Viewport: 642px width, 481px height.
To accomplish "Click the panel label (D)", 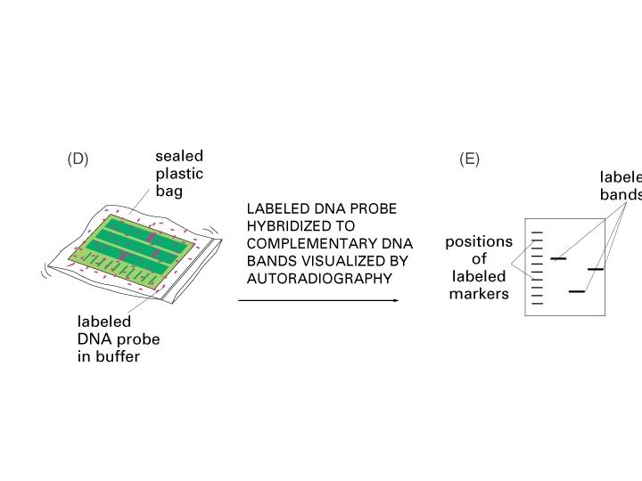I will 78,159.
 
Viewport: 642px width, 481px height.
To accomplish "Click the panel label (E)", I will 469,159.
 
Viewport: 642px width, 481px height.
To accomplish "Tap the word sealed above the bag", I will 178,157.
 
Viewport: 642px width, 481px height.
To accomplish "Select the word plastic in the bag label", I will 179,174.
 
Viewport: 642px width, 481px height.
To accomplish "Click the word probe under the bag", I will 138,339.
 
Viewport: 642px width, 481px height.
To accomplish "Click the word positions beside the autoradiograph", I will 479,242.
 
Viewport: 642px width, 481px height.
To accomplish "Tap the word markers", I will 479,294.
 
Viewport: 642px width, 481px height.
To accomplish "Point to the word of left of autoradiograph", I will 480,259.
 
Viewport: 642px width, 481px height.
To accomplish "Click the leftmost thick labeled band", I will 558,258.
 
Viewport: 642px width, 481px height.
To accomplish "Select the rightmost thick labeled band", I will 596,269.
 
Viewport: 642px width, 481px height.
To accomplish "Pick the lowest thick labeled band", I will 576,291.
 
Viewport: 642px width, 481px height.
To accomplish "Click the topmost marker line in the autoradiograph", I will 537,232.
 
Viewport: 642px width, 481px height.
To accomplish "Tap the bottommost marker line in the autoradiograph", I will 537,304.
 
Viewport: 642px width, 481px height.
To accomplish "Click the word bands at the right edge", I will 621,195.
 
